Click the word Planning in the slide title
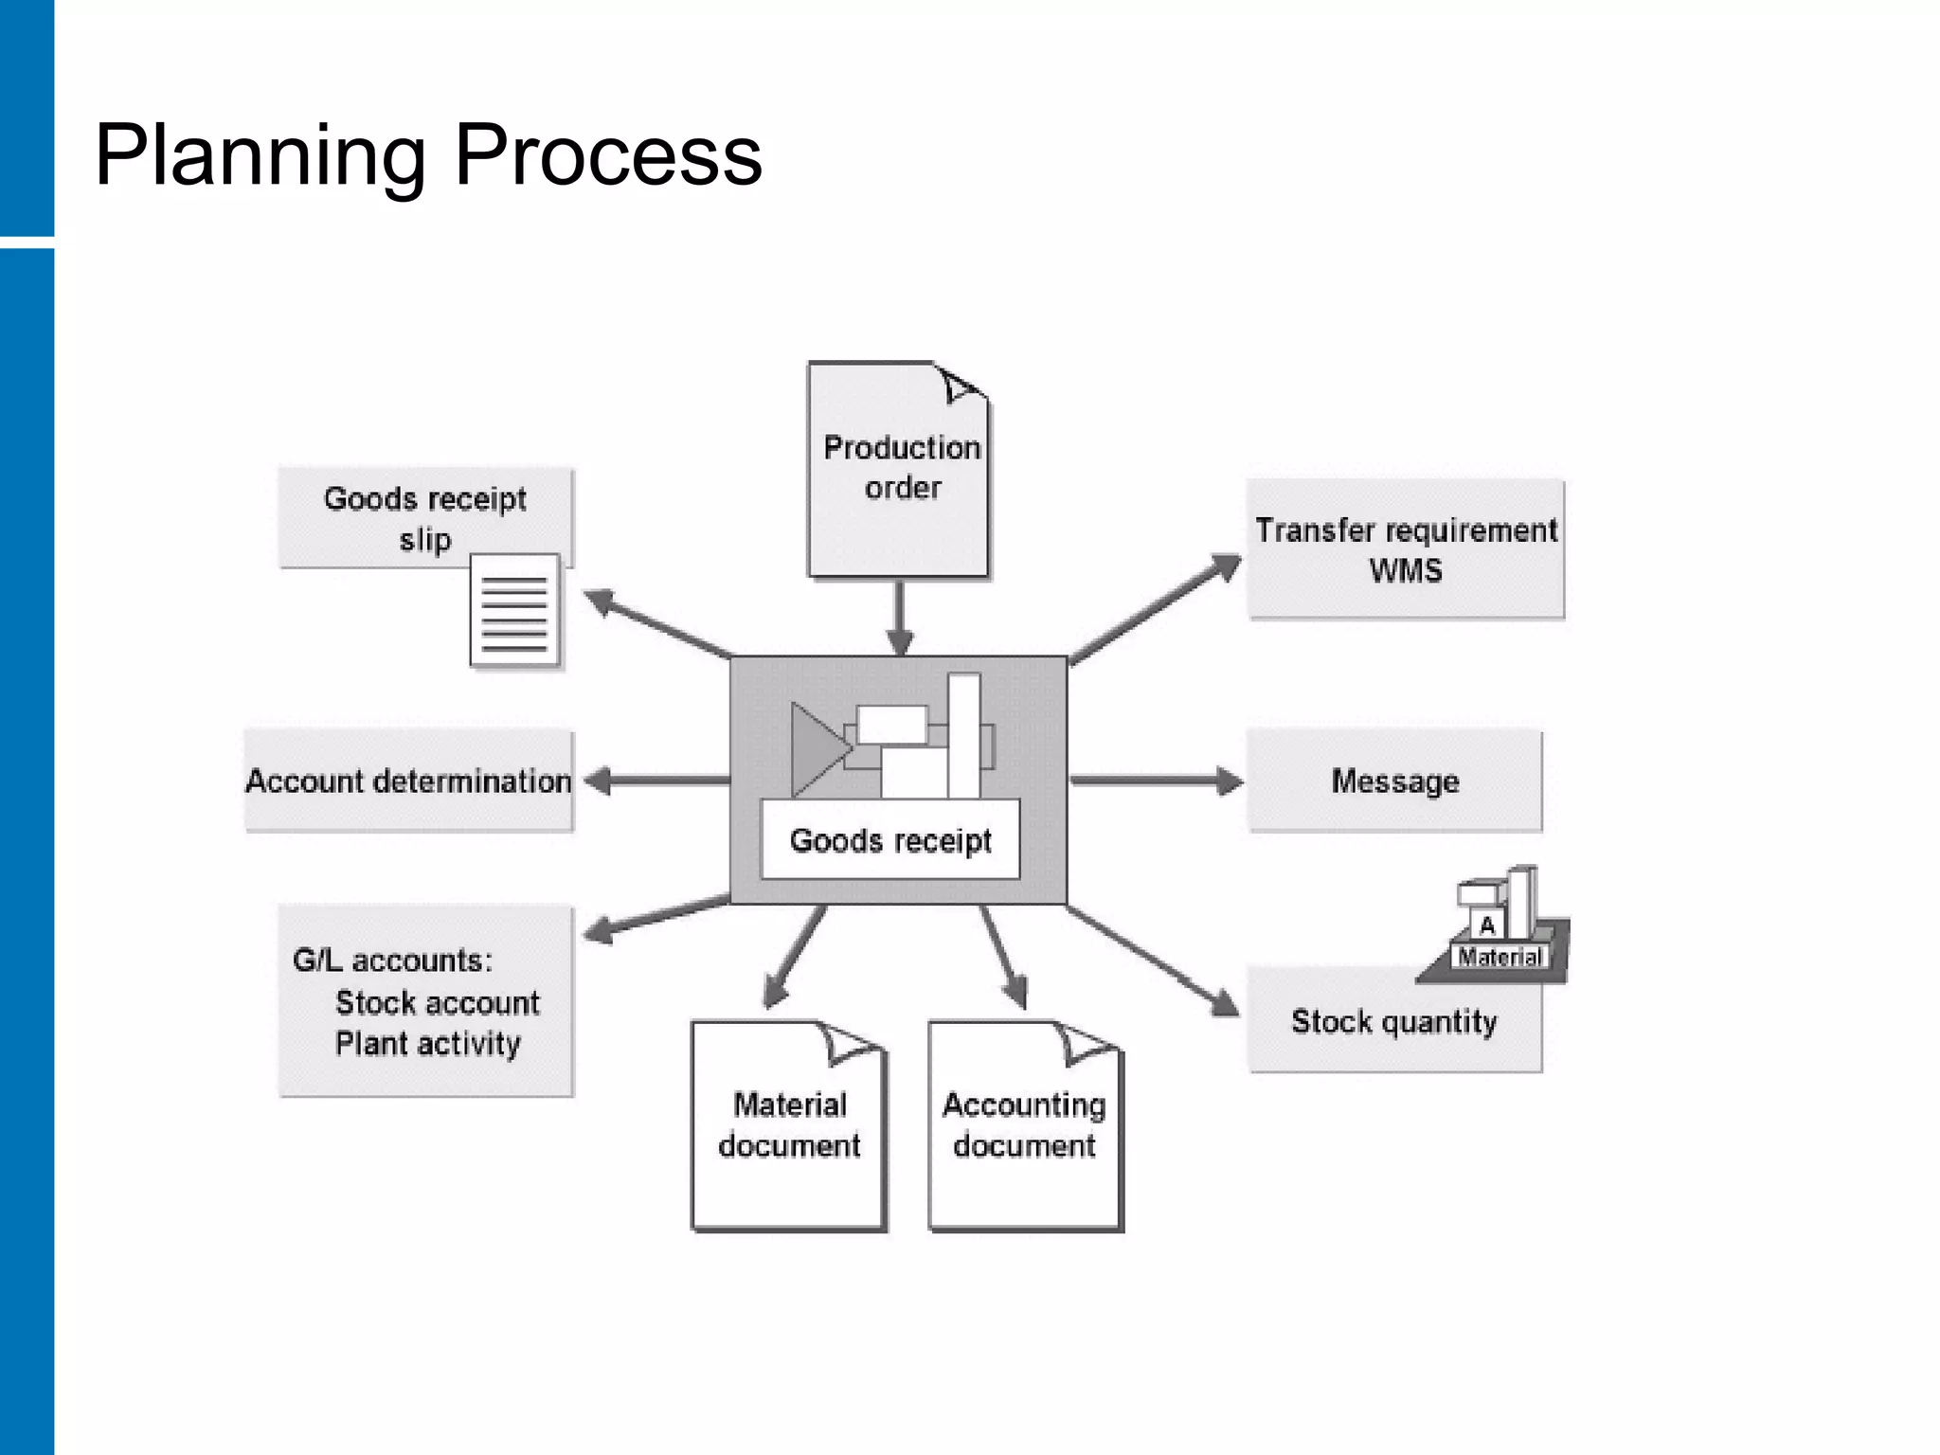tap(260, 156)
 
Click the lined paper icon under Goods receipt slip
tap(514, 611)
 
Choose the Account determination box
tap(408, 781)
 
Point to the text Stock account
tap(437, 1002)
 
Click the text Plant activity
tap(427, 1044)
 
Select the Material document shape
tap(788, 1127)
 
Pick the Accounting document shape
tap(1024, 1127)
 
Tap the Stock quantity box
tap(1393, 1022)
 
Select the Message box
tap(1394, 781)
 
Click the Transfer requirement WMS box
tap(1405, 550)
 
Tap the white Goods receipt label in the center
tap(889, 840)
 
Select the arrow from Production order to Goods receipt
tap(899, 616)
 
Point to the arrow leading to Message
tap(1156, 781)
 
